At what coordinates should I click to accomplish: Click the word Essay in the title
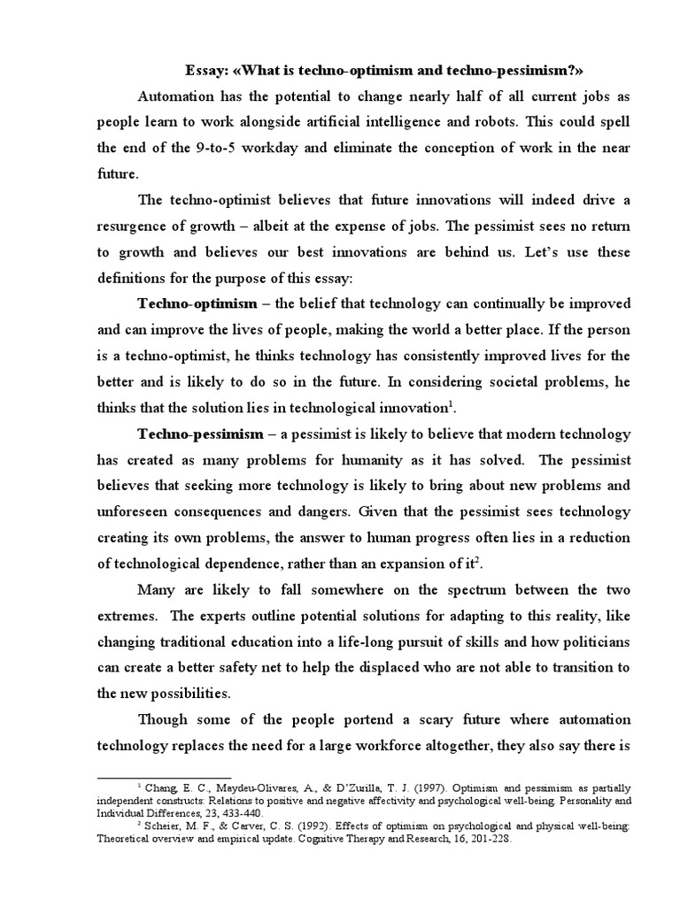click(x=205, y=71)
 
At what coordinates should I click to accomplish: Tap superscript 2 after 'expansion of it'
click(x=479, y=561)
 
